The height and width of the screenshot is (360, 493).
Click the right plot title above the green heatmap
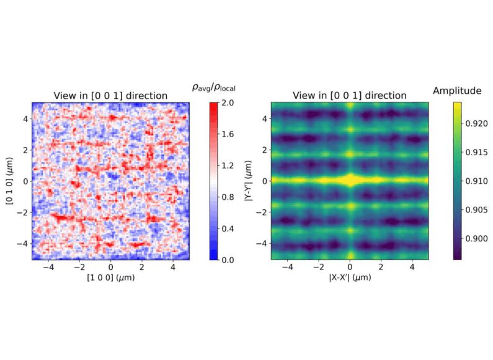tap(350, 96)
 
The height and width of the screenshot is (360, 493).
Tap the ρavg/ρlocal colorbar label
tap(213, 88)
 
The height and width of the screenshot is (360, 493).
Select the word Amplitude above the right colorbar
tap(457, 91)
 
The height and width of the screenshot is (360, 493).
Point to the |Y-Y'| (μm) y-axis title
tap(247, 181)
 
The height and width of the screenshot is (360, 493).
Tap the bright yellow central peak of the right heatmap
tap(350, 181)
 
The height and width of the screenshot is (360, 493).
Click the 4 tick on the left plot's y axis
tap(25, 118)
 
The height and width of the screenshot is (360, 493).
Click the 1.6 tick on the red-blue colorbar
tap(231, 133)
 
